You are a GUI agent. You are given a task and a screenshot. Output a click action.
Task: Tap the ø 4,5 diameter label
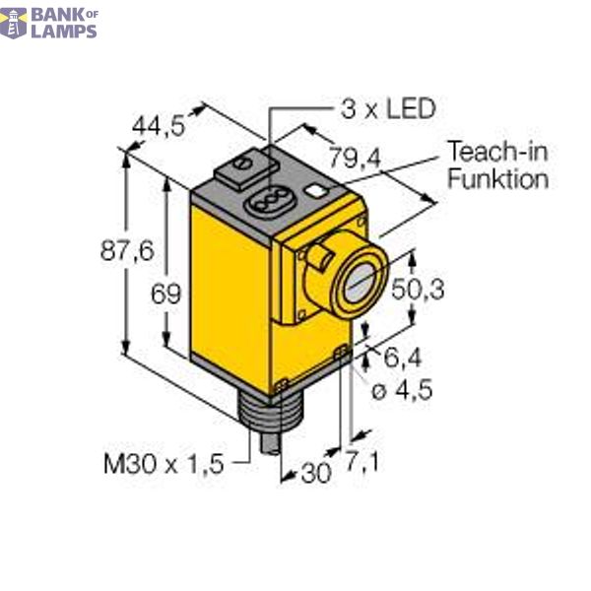click(x=401, y=390)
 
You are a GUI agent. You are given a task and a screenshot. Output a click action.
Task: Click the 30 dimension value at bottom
click(x=315, y=473)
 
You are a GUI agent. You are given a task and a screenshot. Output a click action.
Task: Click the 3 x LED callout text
click(x=386, y=108)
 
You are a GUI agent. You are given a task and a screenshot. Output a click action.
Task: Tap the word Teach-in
click(x=497, y=152)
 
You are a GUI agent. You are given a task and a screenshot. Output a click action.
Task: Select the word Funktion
click(x=497, y=179)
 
